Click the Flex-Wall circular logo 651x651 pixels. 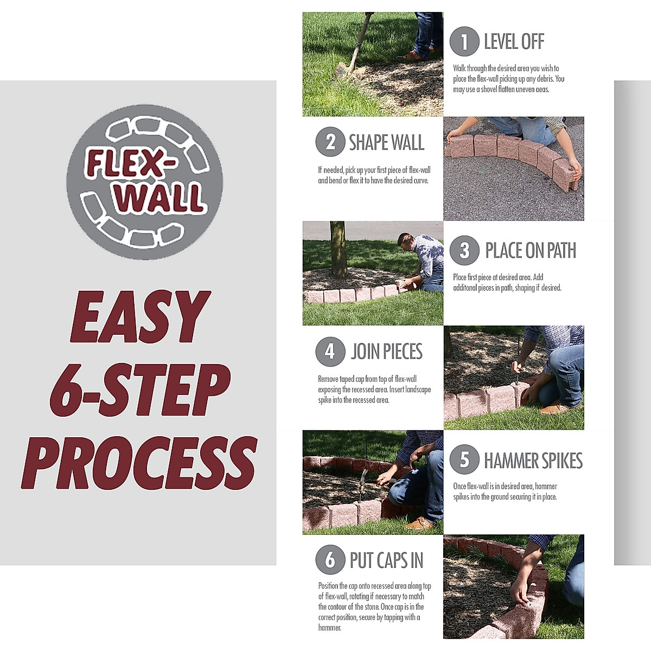(144, 182)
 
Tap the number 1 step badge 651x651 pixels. (464, 42)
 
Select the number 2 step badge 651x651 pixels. (330, 142)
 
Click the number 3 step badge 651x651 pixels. (464, 250)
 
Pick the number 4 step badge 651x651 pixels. (330, 352)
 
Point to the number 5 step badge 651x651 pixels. (464, 460)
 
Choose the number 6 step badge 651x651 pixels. (330, 559)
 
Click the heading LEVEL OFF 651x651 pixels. (514, 42)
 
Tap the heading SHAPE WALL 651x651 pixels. (386, 143)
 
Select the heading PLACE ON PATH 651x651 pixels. (530, 251)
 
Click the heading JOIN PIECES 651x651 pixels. (386, 352)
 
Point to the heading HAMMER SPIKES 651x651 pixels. (533, 461)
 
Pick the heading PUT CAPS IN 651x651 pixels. (386, 560)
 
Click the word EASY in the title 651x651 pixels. (140, 317)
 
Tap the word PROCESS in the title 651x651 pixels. (139, 463)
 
